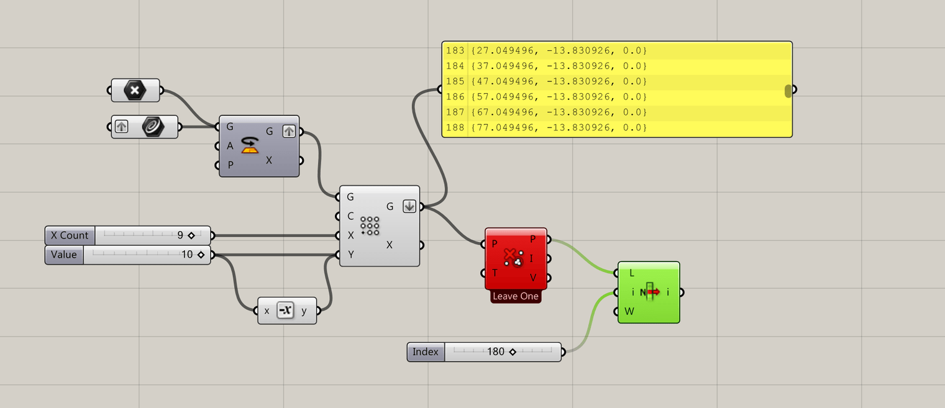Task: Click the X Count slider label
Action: click(70, 235)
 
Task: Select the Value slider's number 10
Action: click(187, 255)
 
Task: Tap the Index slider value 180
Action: click(496, 351)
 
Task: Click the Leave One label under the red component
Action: click(516, 296)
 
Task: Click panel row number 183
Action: click(455, 50)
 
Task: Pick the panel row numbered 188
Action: click(455, 128)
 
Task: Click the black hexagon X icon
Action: click(135, 90)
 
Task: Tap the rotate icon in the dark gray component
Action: click(250, 146)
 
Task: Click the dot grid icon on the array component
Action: click(370, 226)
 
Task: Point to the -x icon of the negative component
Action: click(285, 311)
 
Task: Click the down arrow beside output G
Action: click(409, 206)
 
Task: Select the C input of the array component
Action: click(350, 216)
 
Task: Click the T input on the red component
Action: click(495, 273)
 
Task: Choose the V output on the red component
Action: click(532, 278)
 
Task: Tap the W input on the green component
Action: click(629, 311)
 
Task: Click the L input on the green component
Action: click(632, 273)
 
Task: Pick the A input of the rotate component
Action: click(230, 146)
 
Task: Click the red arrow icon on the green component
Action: click(652, 292)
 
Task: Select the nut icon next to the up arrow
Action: click(152, 127)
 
